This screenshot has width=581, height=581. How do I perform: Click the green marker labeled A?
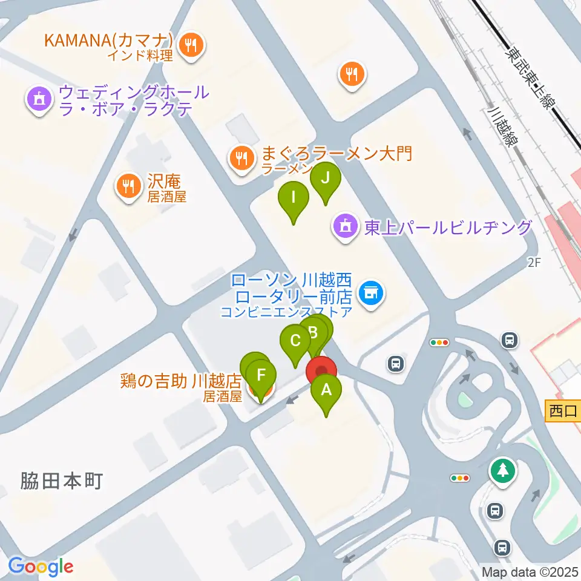point(326,390)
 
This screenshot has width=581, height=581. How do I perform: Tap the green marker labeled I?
point(294,198)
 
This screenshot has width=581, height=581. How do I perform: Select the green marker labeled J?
point(326,179)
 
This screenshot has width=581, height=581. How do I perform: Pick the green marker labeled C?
point(295,341)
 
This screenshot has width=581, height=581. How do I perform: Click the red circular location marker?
point(321,371)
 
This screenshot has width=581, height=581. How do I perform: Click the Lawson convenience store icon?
point(370,294)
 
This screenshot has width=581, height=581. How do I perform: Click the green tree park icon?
point(503,470)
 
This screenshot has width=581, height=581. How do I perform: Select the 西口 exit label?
point(563,412)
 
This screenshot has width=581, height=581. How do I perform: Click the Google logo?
point(41,566)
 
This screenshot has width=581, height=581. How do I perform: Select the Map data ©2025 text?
point(530,571)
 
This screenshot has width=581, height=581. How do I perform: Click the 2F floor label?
point(533,262)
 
